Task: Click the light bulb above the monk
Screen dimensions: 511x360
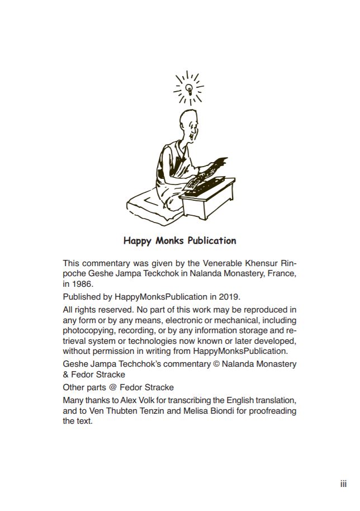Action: [x=188, y=88]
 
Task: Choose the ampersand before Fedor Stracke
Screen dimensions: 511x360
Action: [x=66, y=375]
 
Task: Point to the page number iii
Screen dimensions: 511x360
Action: [x=343, y=484]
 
